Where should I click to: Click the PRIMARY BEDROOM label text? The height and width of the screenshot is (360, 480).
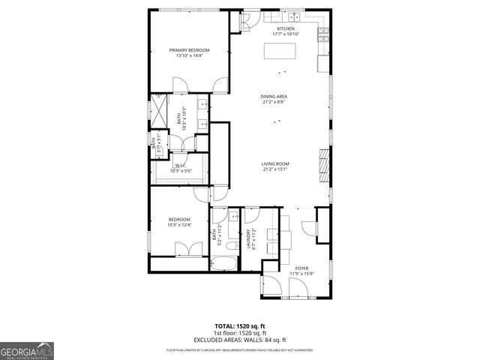click(x=189, y=50)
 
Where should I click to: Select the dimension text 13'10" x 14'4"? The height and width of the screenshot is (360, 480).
click(x=189, y=56)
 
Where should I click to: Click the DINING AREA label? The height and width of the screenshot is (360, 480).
click(x=274, y=97)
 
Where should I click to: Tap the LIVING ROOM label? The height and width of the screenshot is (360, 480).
click(x=275, y=163)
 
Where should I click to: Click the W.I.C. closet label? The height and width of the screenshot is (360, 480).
click(x=180, y=166)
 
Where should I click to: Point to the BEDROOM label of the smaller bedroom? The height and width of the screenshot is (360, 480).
click(x=178, y=219)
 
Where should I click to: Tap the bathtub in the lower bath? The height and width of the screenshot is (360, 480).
click(x=223, y=263)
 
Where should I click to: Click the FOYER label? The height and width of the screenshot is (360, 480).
click(x=301, y=268)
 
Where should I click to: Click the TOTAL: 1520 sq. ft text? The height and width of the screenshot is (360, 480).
click(x=240, y=326)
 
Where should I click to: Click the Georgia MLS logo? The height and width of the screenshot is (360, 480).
click(x=27, y=350)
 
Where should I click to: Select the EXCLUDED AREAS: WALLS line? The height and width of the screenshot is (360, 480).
click(x=240, y=340)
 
